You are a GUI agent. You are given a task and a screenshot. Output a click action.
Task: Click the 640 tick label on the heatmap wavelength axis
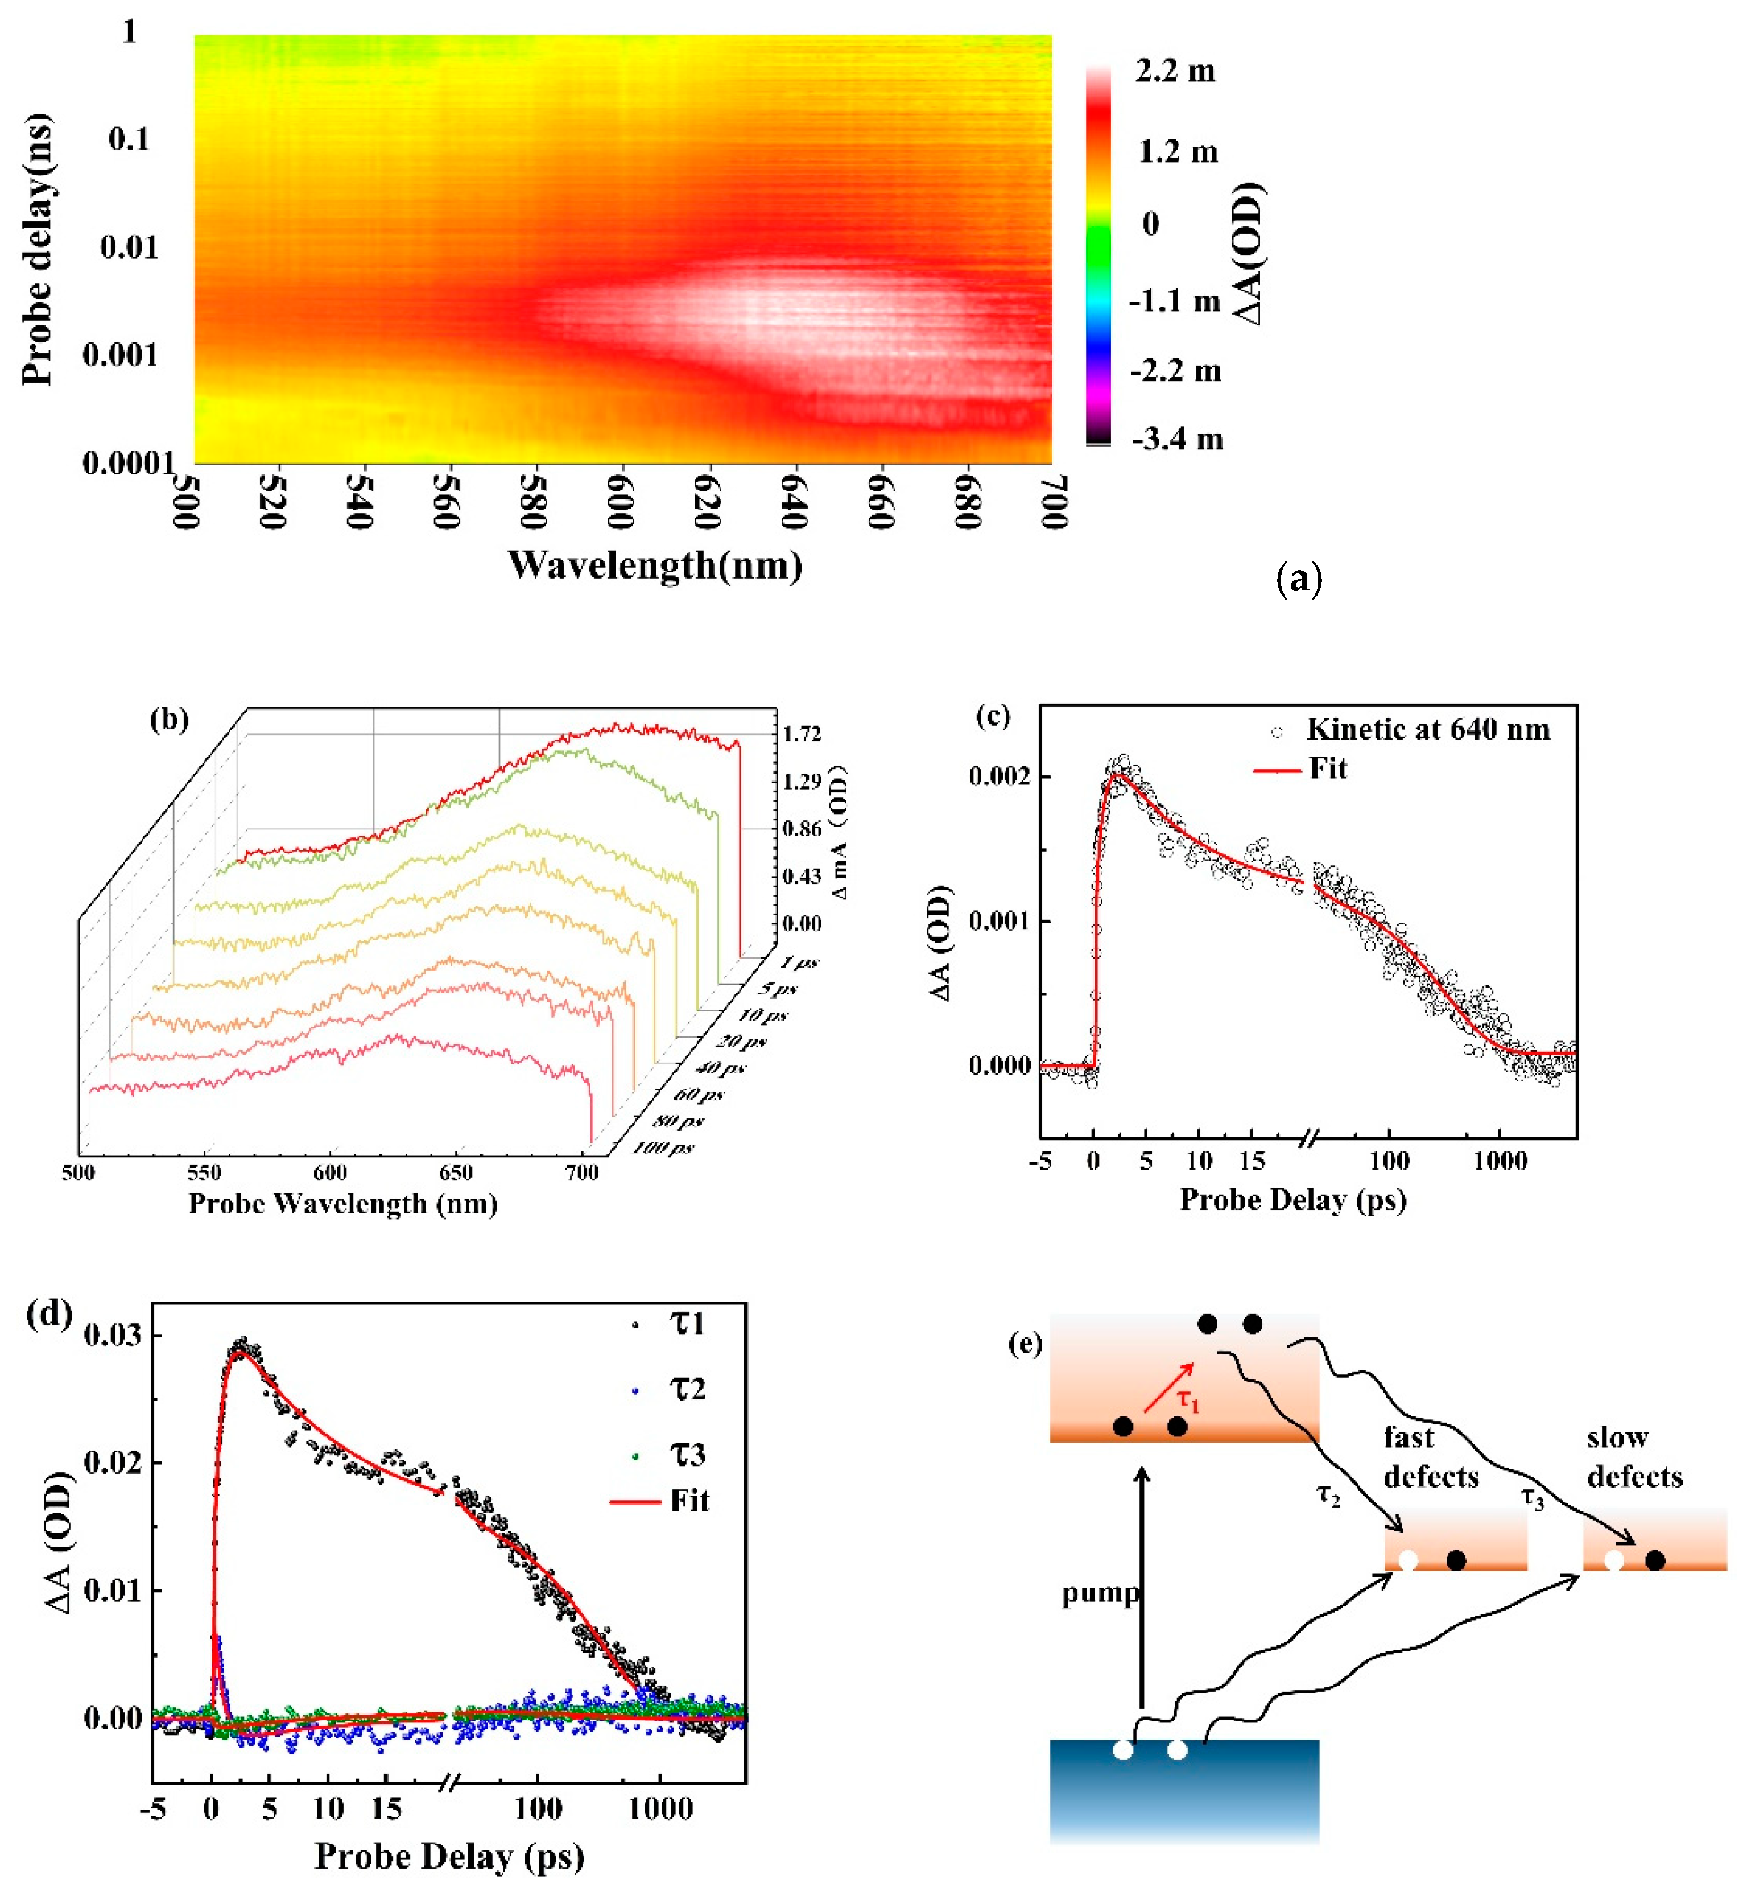click(795, 502)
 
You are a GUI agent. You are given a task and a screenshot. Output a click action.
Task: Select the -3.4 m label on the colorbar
click(1177, 440)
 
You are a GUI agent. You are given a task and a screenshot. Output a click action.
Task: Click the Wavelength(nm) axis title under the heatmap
click(655, 565)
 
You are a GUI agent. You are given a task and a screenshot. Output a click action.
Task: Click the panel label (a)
click(1298, 577)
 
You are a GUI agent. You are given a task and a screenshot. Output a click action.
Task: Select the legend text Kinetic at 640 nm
click(1427, 730)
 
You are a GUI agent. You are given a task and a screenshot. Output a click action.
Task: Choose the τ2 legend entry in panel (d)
click(687, 1389)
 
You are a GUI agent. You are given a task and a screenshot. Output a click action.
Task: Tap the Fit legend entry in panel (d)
click(689, 1501)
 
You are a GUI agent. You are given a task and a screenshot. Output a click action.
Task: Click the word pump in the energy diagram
click(1100, 1593)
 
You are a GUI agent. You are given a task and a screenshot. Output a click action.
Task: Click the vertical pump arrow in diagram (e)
click(1142, 1588)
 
